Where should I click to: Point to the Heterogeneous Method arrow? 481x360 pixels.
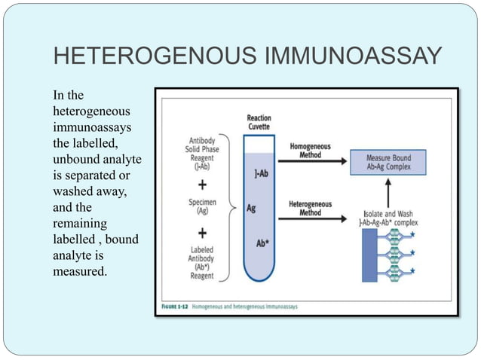click(x=308, y=219)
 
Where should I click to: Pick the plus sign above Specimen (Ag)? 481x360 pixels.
click(x=204, y=185)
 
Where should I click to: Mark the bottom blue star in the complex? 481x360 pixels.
click(x=434, y=270)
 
